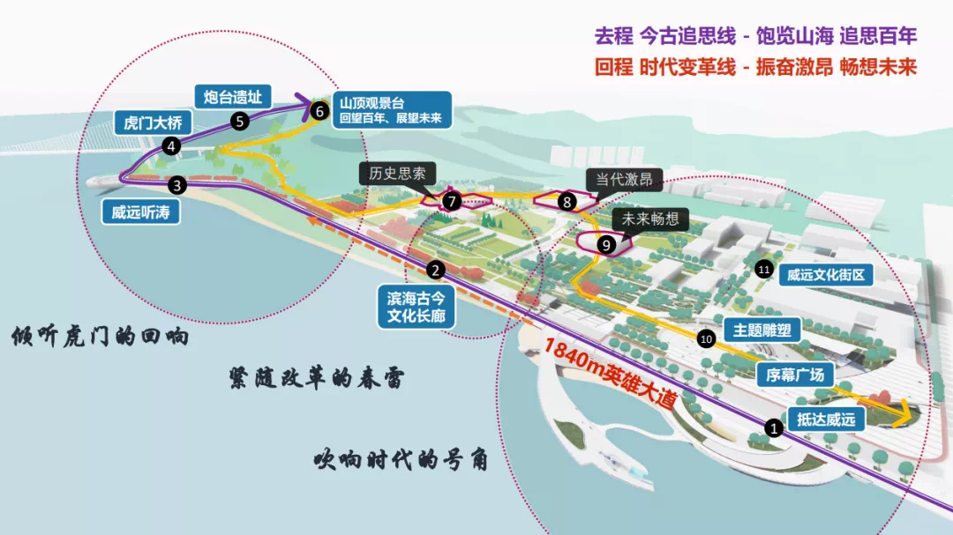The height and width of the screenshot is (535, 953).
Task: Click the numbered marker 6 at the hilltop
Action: tap(319, 111)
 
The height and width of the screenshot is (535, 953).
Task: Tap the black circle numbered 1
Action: tap(774, 428)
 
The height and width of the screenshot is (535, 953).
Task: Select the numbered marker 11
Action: tap(763, 269)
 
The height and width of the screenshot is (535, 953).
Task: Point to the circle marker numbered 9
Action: tap(605, 245)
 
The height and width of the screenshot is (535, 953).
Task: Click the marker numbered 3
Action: tap(176, 185)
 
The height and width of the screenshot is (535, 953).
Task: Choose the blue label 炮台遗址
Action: tap(233, 97)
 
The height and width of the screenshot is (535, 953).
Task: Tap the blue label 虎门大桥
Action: tap(154, 123)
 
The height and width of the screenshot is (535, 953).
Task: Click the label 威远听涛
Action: tap(140, 212)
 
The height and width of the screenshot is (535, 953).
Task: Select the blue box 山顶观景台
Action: tap(392, 110)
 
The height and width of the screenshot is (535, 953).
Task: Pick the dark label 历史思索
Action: tap(397, 174)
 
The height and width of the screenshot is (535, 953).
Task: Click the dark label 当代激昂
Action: tap(624, 179)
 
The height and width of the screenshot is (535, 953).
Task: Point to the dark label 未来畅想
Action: tap(650, 219)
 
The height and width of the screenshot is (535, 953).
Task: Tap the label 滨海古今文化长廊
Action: tap(416, 307)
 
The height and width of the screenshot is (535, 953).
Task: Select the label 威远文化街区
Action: tap(826, 275)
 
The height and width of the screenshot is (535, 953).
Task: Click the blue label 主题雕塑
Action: tap(762, 331)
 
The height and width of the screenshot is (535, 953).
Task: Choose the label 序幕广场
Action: tap(795, 375)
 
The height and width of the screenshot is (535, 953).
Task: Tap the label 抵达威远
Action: tap(826, 419)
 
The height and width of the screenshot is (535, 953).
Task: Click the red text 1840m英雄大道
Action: tap(610, 373)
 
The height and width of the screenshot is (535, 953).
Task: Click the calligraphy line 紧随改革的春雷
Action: tap(316, 378)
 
